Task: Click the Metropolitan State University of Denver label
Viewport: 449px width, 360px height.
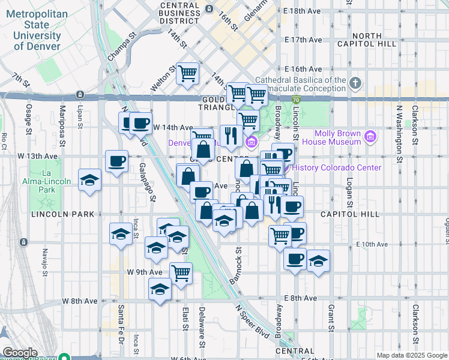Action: [35, 30]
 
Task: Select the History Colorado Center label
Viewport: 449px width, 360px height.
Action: [339, 167]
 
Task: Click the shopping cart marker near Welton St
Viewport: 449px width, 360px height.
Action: [188, 73]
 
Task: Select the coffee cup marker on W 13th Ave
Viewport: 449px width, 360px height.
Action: [116, 160]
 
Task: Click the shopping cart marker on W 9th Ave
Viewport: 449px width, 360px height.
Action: [181, 273]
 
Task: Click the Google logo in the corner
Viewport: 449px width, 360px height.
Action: [20, 353]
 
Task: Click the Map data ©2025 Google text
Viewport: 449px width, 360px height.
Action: [411, 355]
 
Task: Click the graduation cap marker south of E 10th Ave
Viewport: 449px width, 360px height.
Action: [319, 260]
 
